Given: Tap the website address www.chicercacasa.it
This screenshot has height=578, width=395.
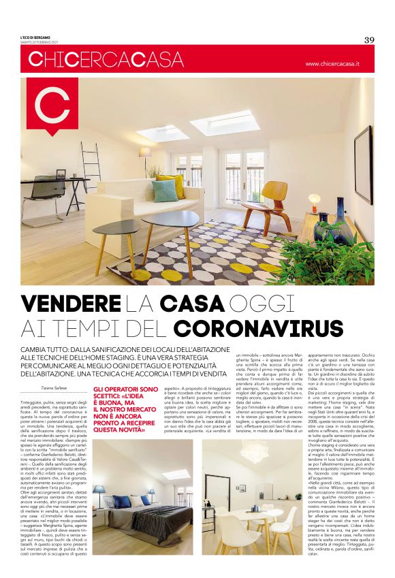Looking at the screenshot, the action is tap(338, 64).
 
